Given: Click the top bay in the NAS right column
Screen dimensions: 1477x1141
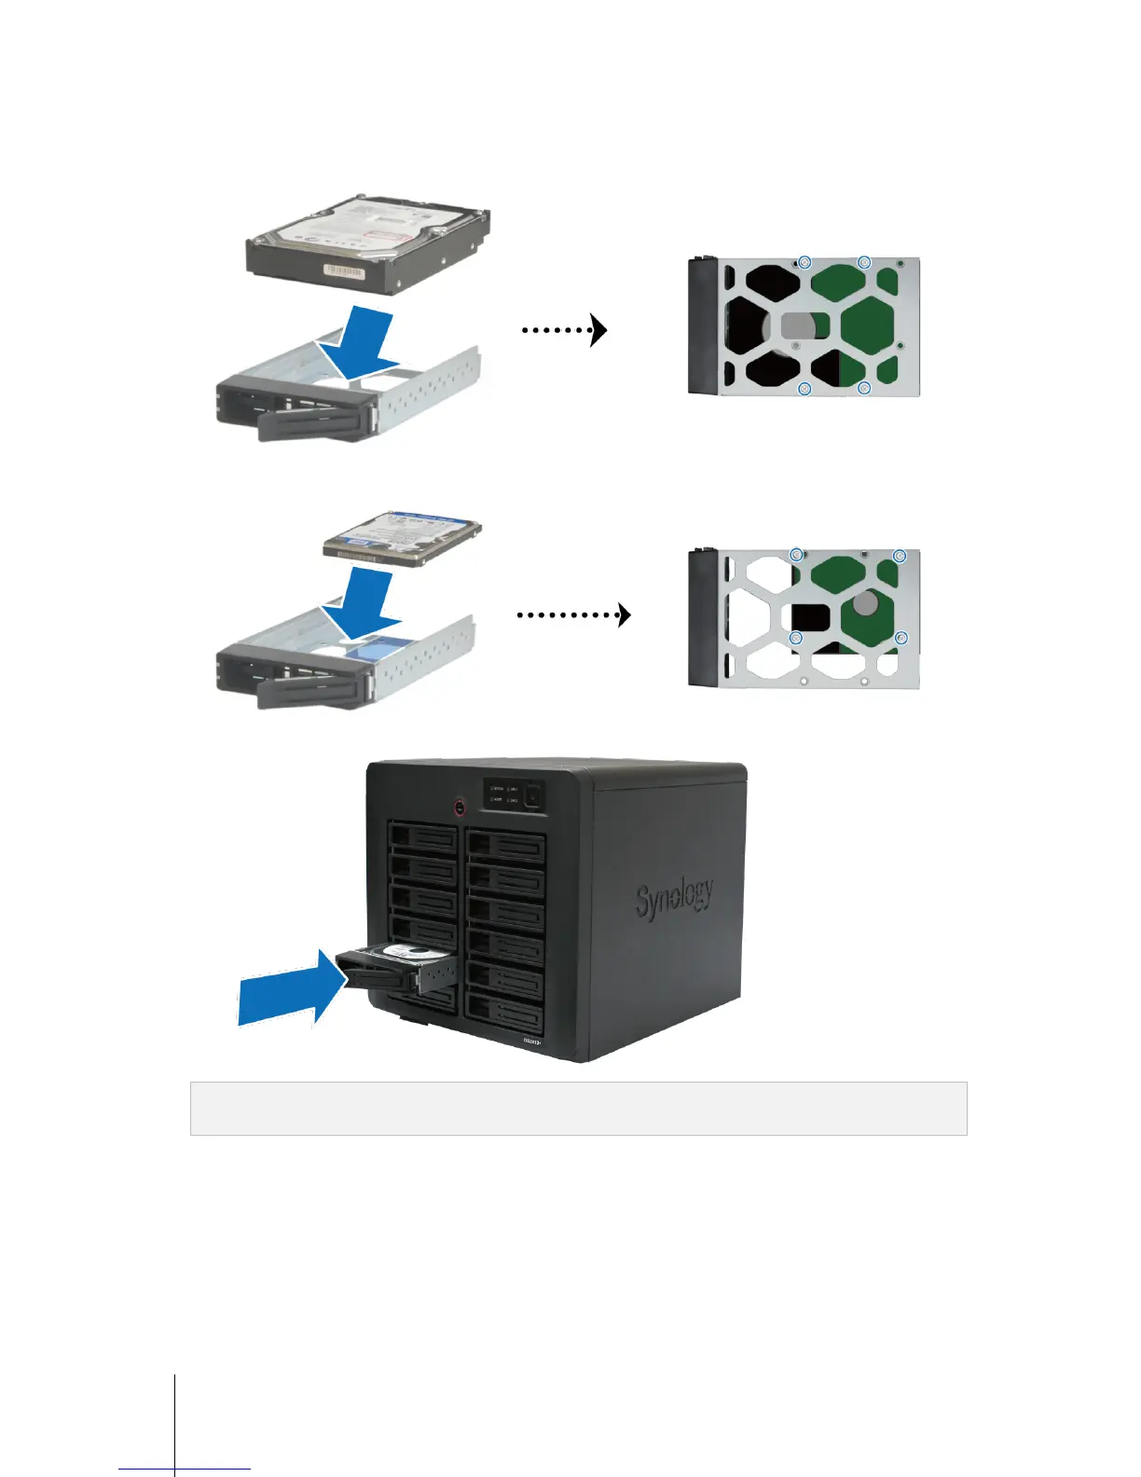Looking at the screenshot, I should point(505,845).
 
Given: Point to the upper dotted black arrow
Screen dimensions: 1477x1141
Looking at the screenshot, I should point(565,329).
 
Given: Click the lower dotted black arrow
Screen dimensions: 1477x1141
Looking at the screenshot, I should point(574,614).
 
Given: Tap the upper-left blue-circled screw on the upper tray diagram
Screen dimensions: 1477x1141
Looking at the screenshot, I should point(806,263).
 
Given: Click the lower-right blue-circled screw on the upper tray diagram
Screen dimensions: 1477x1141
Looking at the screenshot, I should point(864,388).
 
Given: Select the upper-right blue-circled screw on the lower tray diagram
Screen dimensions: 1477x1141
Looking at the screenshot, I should point(900,557).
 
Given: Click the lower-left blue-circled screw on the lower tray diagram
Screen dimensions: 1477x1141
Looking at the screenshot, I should point(797,638).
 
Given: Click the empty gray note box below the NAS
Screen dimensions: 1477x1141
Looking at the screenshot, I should point(578,1109).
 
